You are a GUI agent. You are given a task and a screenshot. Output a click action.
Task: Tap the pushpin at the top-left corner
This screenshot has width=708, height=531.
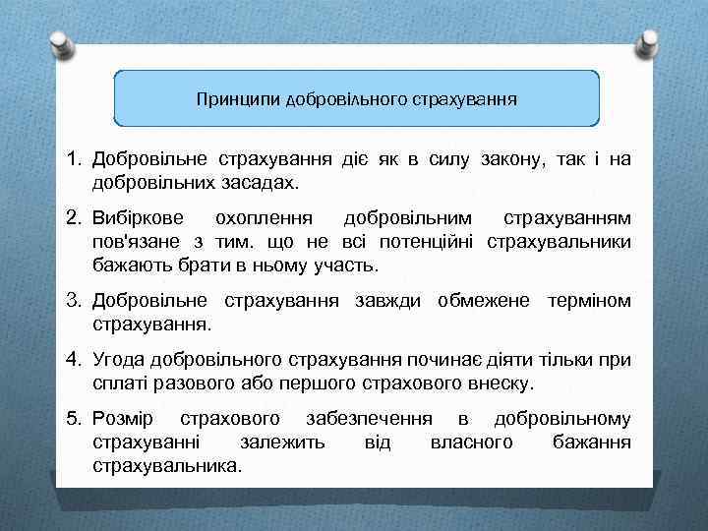(61, 44)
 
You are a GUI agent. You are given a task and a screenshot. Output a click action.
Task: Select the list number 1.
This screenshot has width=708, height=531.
(73, 159)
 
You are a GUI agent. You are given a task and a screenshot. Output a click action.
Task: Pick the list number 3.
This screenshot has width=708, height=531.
(73, 300)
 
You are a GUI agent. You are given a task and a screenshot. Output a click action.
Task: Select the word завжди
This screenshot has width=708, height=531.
(389, 300)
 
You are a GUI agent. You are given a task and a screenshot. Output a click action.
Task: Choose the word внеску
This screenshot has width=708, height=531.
(502, 382)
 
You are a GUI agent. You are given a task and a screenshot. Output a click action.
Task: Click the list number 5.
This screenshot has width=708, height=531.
(73, 419)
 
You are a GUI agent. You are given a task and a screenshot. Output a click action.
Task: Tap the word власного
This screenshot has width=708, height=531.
(471, 442)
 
